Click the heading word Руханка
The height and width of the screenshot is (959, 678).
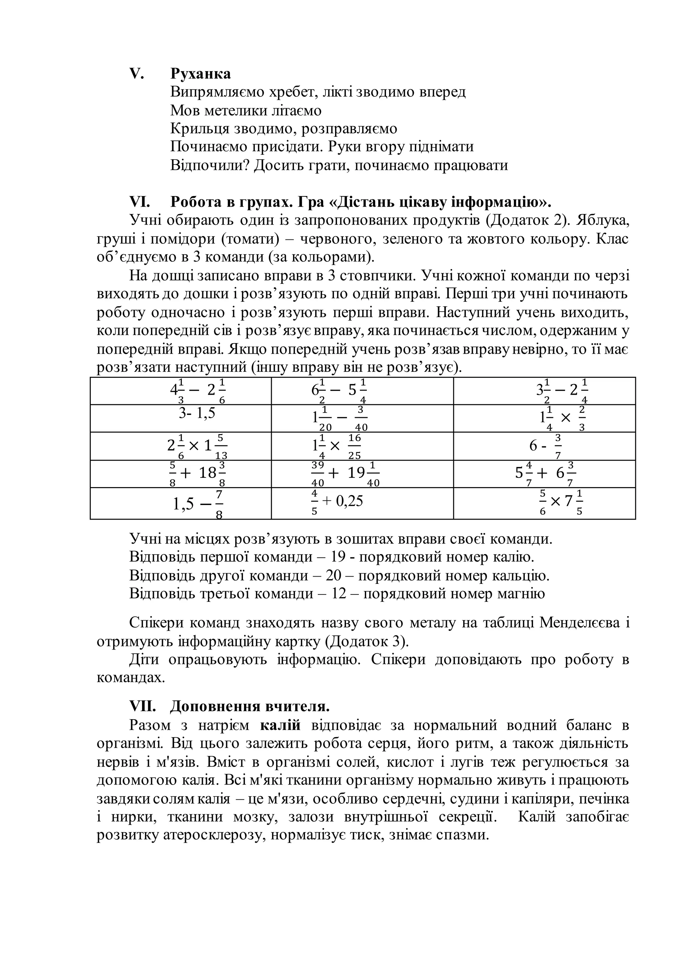(200, 74)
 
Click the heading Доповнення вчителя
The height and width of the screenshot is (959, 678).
(250, 707)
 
